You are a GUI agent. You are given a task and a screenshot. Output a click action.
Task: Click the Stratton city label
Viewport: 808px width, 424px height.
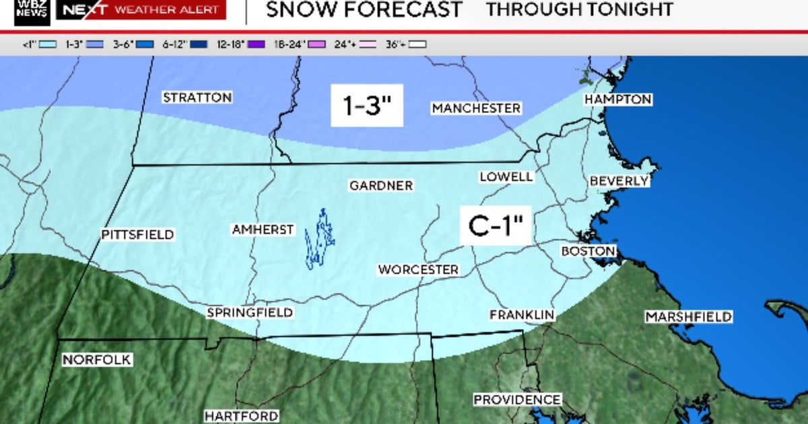(x=197, y=98)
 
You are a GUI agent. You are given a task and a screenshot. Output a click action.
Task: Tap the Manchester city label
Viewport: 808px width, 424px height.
(x=476, y=108)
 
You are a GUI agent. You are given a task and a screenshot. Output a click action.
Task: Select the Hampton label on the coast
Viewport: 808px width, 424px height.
(x=617, y=99)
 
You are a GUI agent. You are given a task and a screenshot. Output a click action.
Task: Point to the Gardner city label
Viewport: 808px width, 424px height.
(x=381, y=185)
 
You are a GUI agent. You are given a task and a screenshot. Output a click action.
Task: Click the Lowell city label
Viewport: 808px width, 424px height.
(x=506, y=176)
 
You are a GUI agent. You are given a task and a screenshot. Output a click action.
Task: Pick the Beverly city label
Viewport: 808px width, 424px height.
(x=619, y=181)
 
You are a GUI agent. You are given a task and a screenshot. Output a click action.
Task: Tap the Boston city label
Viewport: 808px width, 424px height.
(x=588, y=251)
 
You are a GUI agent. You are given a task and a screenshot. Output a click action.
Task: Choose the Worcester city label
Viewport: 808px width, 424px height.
(x=418, y=269)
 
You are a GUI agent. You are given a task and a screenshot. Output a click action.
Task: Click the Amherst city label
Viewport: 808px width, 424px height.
(x=263, y=229)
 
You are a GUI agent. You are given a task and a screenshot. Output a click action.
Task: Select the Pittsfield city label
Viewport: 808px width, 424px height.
(x=138, y=235)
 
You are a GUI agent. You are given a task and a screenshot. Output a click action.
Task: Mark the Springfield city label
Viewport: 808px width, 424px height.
(x=250, y=312)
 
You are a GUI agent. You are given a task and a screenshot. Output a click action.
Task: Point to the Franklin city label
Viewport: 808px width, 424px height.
(x=522, y=314)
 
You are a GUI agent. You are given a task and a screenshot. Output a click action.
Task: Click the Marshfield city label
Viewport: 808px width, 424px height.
(x=689, y=316)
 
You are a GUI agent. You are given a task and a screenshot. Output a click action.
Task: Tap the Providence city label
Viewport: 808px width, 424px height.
(x=517, y=400)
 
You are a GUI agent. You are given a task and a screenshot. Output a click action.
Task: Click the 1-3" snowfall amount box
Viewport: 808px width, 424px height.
(x=367, y=106)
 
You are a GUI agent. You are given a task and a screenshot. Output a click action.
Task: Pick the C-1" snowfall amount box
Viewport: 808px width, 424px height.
(x=496, y=225)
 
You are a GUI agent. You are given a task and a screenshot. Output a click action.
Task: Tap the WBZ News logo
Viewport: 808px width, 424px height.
(x=32, y=11)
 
